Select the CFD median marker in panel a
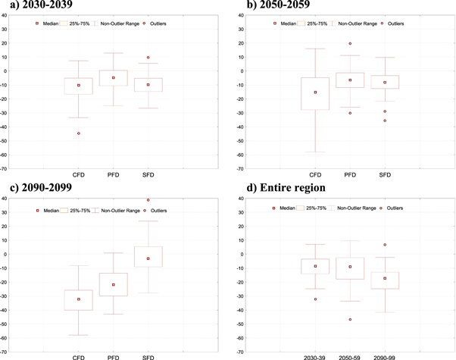pos(79,85)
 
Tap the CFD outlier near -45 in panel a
pos(79,133)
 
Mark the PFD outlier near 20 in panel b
pos(350,44)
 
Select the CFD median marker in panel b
pos(315,92)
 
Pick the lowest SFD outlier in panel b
pos(385,121)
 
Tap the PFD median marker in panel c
pos(114,284)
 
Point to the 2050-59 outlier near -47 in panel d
pos(350,320)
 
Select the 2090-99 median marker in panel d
pos(385,278)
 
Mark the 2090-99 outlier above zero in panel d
pos(385,245)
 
